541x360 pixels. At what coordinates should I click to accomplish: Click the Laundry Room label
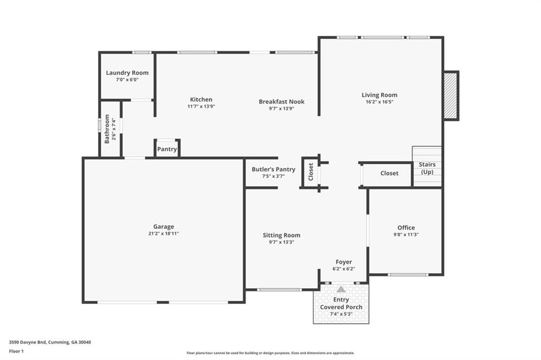tap(127, 73)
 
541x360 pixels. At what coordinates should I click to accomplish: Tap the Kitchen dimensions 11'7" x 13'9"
tap(201, 107)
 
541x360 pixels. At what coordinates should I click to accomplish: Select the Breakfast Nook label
tap(281, 102)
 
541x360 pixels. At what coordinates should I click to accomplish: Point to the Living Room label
tap(379, 95)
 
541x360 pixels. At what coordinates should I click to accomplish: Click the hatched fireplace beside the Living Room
tap(450, 96)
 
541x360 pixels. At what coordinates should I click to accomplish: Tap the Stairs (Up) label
tap(427, 168)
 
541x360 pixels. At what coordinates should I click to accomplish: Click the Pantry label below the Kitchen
tap(167, 149)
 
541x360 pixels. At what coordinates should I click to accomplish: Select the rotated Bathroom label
tap(107, 129)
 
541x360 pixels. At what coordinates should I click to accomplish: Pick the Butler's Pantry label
tap(273, 169)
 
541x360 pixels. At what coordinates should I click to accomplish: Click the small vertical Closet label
tap(311, 172)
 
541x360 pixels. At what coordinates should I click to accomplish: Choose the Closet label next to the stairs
tap(389, 173)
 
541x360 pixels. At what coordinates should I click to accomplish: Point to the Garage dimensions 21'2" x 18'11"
tap(163, 233)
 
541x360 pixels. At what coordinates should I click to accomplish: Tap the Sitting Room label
tap(281, 235)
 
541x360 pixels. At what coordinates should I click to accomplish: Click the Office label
tap(406, 228)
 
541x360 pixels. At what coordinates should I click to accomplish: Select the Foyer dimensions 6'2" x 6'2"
tap(343, 269)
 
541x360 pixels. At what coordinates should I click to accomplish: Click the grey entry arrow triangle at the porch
tap(341, 289)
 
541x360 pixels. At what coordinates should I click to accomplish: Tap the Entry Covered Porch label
tap(341, 304)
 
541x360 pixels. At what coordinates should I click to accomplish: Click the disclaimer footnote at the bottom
tap(270, 353)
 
